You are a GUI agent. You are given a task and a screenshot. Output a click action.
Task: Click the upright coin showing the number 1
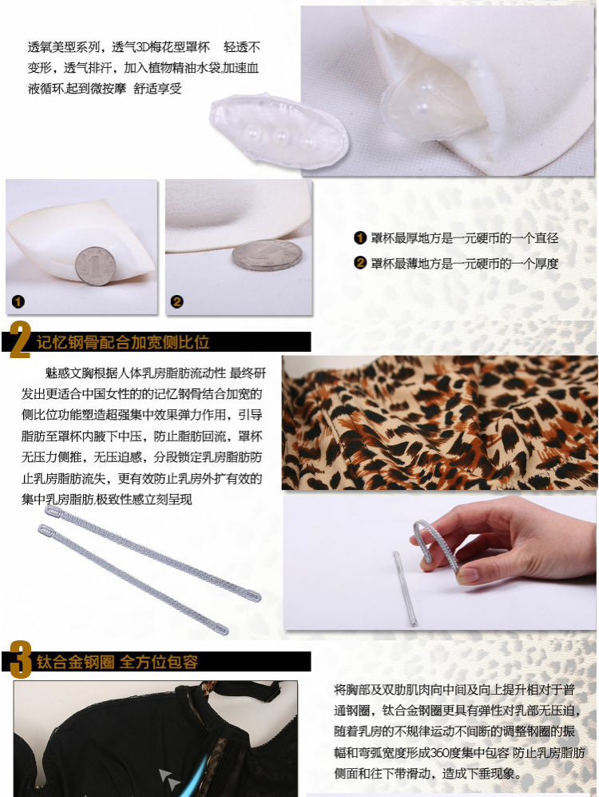(x=95, y=265)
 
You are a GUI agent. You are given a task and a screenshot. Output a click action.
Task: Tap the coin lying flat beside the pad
(x=267, y=254)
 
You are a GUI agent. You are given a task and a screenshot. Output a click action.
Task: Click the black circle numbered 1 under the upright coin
(x=18, y=302)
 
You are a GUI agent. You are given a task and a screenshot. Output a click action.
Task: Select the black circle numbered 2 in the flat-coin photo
(x=177, y=302)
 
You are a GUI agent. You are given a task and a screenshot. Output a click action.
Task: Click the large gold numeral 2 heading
(x=19, y=340)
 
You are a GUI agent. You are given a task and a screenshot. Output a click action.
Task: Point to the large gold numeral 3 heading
(x=20, y=660)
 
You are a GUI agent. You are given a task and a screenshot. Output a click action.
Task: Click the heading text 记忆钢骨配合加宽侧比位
(x=123, y=342)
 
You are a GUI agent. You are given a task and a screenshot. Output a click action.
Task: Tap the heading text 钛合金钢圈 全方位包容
(x=117, y=662)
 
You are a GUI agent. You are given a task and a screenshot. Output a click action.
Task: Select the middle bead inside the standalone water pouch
(x=280, y=136)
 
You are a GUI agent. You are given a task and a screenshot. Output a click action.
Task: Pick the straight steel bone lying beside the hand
(x=405, y=588)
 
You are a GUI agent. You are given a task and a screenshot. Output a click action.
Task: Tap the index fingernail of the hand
(x=467, y=575)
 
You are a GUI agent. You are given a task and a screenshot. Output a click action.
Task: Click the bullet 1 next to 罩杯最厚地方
(x=360, y=238)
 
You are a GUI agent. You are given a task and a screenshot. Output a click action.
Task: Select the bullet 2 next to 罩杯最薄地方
(x=360, y=263)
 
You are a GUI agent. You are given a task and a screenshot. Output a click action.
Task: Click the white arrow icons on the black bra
(x=169, y=779)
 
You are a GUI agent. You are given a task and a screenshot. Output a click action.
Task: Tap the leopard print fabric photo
(x=439, y=423)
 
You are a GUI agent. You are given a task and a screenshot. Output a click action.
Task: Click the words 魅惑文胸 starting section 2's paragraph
(x=63, y=373)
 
